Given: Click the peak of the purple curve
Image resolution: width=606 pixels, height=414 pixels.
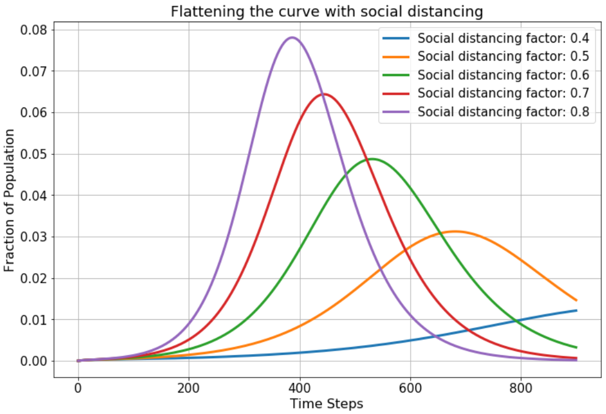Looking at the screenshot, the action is pos(292,38).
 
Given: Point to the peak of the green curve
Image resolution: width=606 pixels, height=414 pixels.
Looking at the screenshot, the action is pos(372,159).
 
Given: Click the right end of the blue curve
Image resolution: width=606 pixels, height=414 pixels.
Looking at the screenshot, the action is pos(576,310).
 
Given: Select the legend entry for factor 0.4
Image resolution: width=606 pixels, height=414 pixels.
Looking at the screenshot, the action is pos(486,38).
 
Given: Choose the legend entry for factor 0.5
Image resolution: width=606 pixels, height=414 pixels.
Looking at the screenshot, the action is pos(486,56).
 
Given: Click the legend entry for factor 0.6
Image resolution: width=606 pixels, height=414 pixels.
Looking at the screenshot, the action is pos(486,75).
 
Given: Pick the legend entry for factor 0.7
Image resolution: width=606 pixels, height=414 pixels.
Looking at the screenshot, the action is pos(486,93).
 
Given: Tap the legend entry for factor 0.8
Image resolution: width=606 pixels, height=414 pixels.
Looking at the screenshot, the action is pos(486,112).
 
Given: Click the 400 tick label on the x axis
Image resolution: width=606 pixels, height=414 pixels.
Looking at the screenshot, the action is pos(300,388).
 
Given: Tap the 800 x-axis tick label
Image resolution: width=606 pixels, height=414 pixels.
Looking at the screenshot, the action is pos(521,388).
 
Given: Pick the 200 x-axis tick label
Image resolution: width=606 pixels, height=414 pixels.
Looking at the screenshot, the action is pos(189,388).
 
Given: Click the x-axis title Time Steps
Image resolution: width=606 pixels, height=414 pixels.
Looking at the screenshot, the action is pos(327,404).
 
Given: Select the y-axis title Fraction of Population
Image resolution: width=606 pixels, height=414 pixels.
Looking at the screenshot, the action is pos(9,200).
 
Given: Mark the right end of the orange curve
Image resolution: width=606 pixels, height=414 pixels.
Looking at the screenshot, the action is pos(576,300).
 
